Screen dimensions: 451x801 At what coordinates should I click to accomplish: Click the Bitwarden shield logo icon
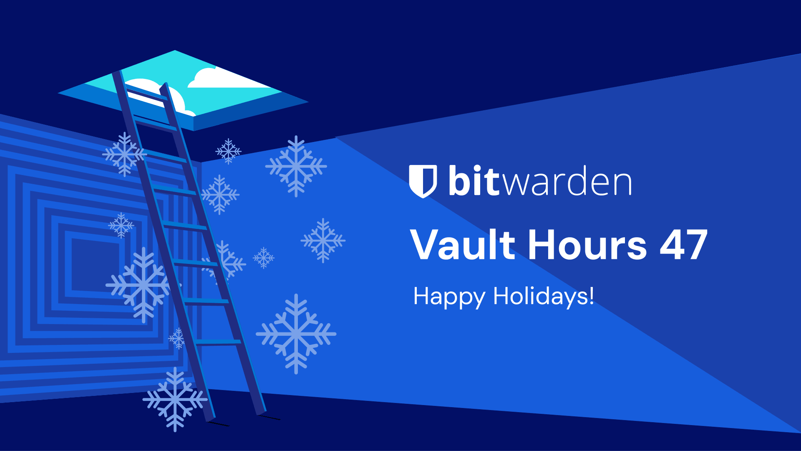point(423,181)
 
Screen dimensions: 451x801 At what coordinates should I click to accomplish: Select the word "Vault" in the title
point(463,245)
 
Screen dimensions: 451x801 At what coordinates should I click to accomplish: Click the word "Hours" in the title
point(587,245)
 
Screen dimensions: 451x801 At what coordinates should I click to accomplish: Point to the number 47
point(683,245)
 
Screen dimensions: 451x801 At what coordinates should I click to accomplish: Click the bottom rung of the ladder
point(218,342)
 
